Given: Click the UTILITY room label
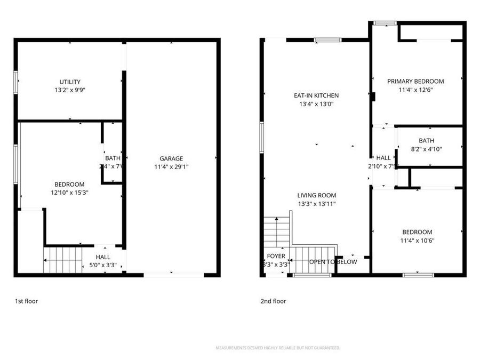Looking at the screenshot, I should point(70,82).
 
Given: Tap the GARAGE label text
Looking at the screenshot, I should point(171,158).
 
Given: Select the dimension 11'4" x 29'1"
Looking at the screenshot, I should point(171,166).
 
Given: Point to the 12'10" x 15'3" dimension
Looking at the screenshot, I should point(69,193).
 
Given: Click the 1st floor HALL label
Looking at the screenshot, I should point(103,257).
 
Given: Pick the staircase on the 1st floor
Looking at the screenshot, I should point(62,260).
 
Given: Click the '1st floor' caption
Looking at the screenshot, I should point(26,301).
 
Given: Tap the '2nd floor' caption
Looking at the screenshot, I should point(273,301).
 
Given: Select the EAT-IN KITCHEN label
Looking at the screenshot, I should point(316,95).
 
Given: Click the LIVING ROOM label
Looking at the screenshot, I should point(316,195).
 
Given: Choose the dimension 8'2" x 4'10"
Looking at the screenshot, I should point(426,149).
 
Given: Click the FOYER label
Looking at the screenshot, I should point(276,256).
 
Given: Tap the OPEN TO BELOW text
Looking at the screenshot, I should point(333,262).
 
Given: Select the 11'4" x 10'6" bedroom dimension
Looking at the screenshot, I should point(417,241).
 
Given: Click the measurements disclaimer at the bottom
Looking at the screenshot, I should point(278,348).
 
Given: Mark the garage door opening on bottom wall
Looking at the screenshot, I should point(173,275).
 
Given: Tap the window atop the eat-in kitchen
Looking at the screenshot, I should point(327,39).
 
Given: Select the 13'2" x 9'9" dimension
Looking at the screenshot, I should point(70,90).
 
